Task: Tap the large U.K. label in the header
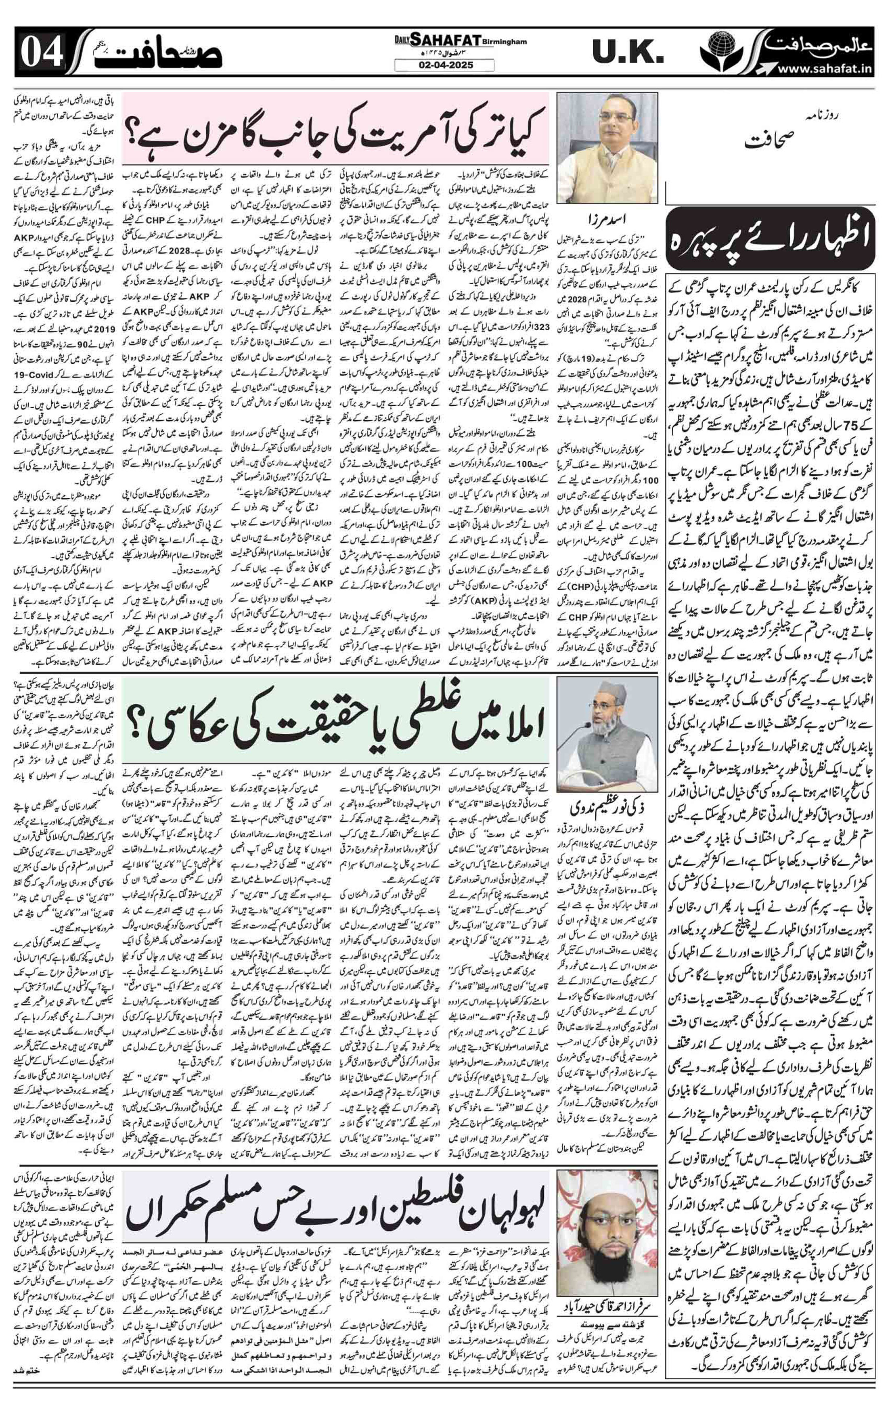[x=627, y=53]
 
